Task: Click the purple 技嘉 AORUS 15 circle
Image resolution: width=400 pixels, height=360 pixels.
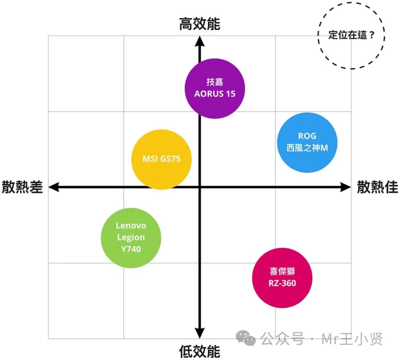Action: pyautogui.click(x=215, y=88)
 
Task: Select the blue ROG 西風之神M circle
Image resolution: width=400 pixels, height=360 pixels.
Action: pyautogui.click(x=307, y=142)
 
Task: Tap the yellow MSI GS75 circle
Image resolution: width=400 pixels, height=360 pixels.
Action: pyautogui.click(x=161, y=159)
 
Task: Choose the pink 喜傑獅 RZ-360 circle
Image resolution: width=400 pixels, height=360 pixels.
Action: pyautogui.click(x=282, y=277)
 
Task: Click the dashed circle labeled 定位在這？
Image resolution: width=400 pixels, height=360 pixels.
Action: pyautogui.click(x=351, y=36)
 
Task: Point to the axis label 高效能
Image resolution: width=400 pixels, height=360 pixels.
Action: pyautogui.click(x=200, y=24)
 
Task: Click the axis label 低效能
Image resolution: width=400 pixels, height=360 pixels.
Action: pyautogui.click(x=200, y=351)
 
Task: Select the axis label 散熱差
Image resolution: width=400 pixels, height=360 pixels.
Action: pyautogui.click(x=23, y=187)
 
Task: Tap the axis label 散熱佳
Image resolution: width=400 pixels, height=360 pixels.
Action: pyautogui.click(x=377, y=187)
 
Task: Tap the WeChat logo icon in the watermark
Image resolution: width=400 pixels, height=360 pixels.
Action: pyautogui.click(x=246, y=338)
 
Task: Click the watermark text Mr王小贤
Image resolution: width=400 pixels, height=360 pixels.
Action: pyautogui.click(x=352, y=339)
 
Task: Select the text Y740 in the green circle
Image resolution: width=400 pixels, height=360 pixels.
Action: pyautogui.click(x=131, y=249)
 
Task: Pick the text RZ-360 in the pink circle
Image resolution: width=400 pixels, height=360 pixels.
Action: pyautogui.click(x=282, y=284)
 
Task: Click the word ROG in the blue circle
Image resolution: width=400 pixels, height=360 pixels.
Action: pyautogui.click(x=307, y=136)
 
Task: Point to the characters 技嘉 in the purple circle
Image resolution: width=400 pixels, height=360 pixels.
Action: pyautogui.click(x=215, y=82)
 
